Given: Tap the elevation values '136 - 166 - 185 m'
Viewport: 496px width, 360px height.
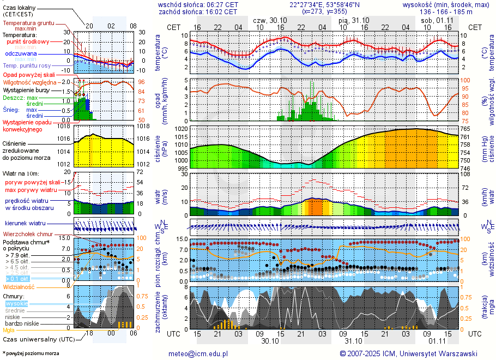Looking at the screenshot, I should click(445, 11).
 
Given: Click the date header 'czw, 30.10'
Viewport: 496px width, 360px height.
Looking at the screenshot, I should click(270, 20).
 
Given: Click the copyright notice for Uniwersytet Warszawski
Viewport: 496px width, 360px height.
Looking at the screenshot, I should click(408, 353).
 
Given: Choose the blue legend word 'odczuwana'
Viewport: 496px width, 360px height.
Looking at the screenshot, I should click(21, 54).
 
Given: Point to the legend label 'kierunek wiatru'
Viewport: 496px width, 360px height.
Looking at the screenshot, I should click(25, 223).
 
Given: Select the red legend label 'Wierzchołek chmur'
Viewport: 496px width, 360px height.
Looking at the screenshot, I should click(27, 234).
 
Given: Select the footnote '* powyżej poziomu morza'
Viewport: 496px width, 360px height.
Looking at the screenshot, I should click(31, 353).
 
